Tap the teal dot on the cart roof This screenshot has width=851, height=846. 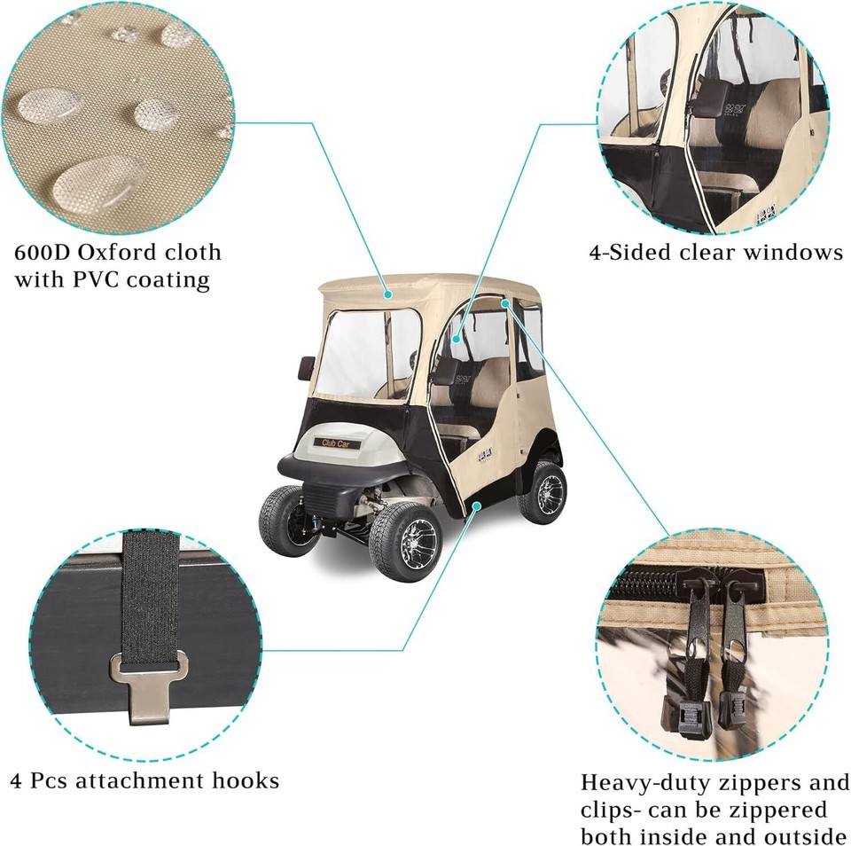click(x=387, y=291)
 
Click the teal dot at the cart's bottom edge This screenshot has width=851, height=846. click(x=478, y=504)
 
